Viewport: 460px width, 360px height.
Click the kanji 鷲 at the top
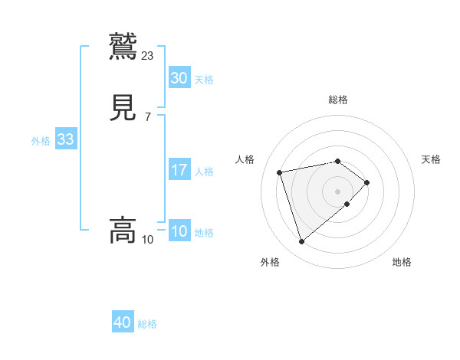[123, 46]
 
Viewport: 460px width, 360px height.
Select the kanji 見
[123, 108]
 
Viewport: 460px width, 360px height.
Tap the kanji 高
[123, 230]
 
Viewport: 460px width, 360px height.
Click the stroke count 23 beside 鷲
[148, 55]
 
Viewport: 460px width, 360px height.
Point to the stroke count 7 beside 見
[147, 117]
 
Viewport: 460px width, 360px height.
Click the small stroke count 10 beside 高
[147, 240]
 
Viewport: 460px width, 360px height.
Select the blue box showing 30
[179, 78]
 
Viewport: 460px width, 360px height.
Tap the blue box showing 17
[179, 170]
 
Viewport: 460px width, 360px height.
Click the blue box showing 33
[65, 139]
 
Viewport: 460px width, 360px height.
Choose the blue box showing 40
[123, 322]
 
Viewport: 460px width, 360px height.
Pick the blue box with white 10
[179, 231]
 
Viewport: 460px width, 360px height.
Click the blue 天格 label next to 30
[204, 80]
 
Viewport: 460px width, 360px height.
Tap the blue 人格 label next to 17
[204, 172]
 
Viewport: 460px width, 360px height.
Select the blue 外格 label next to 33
[41, 141]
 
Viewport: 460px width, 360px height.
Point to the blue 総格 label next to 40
[147, 324]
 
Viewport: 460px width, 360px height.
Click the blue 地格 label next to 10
[204, 233]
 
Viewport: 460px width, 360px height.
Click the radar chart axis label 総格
[337, 100]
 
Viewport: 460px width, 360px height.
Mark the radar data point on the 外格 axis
[301, 242]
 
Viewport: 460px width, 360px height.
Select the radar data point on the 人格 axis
[280, 172]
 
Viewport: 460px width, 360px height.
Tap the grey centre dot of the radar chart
[337, 191]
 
